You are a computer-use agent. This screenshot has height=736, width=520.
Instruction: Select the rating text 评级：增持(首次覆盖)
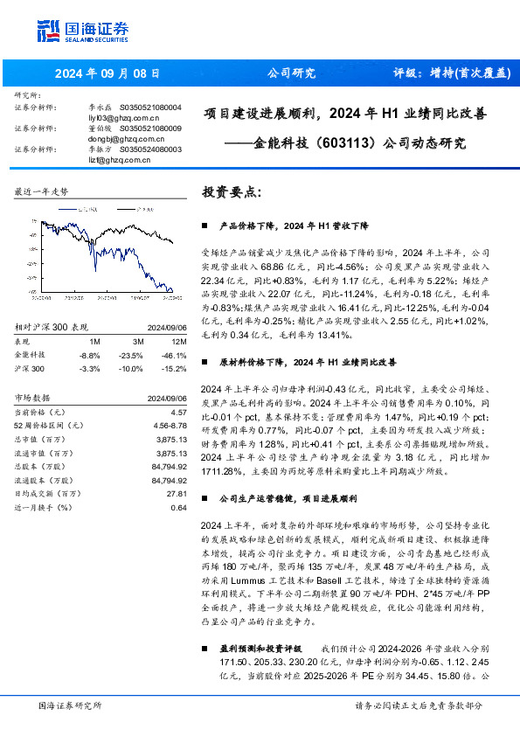pyautogui.click(x=451, y=73)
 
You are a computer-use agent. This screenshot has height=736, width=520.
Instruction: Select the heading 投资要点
pyautogui.click(x=230, y=191)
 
